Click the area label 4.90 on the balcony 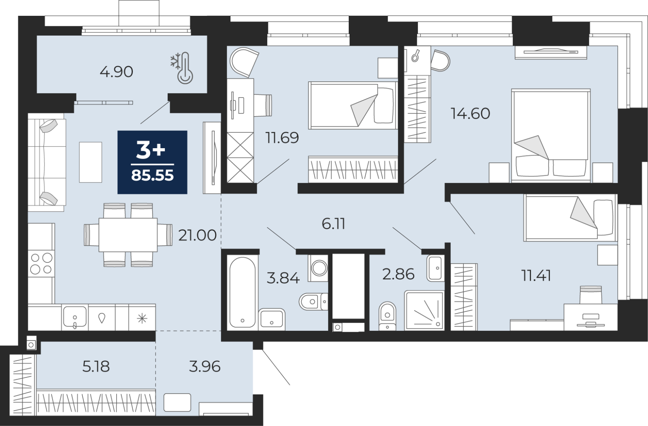pyautogui.click(x=116, y=72)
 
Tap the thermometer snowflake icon pyautogui.click(x=181, y=68)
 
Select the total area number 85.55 pyautogui.click(x=152, y=176)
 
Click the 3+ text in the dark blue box pyautogui.click(x=151, y=151)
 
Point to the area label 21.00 pyautogui.click(x=197, y=235)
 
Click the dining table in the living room pyautogui.click(x=128, y=235)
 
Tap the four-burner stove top pyautogui.click(x=41, y=263)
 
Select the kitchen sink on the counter pyautogui.click(x=75, y=317)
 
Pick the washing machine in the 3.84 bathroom pyautogui.click(x=319, y=268)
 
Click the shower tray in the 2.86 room pyautogui.click(x=424, y=310)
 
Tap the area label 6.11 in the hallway pyautogui.click(x=333, y=224)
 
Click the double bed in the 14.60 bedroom pyautogui.click(x=550, y=136)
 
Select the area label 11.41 pyautogui.click(x=535, y=276)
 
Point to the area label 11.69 pyautogui.click(x=282, y=138)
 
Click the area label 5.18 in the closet pyautogui.click(x=96, y=366)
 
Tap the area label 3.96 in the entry pyautogui.click(x=205, y=366)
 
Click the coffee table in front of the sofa pyautogui.click(x=90, y=162)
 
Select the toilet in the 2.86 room pyautogui.click(x=388, y=316)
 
